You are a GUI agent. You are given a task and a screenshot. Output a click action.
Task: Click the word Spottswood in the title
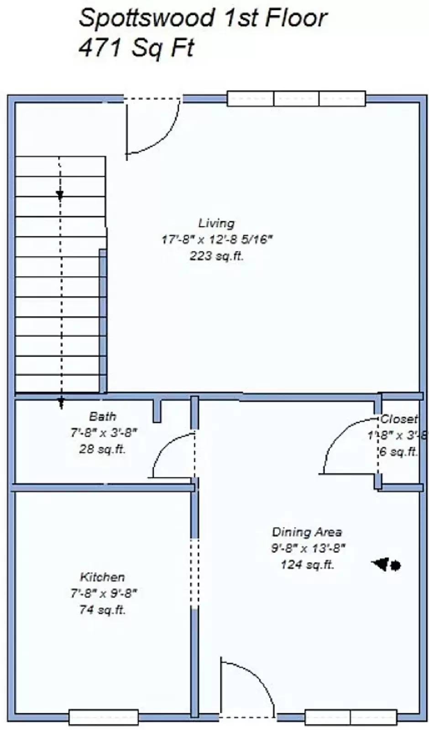tap(146, 18)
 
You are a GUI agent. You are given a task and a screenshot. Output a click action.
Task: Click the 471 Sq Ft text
tap(136, 47)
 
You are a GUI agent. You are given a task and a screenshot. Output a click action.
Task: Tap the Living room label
tap(216, 223)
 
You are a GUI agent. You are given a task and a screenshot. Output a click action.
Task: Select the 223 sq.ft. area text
tap(216, 255)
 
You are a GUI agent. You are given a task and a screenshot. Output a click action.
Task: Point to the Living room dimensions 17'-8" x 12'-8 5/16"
tap(216, 240)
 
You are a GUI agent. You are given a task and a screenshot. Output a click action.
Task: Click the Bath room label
tap(103, 416)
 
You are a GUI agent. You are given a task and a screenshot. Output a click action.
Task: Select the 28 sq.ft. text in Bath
tap(103, 448)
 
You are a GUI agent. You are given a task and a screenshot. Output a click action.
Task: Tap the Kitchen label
tap(103, 577)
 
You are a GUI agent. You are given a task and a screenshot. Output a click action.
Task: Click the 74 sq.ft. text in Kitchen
tap(103, 610)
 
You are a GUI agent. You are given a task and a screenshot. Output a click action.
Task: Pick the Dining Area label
tap(307, 532)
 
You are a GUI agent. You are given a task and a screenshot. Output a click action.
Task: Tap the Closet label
tap(399, 418)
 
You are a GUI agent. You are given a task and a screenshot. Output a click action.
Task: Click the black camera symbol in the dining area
tap(387, 565)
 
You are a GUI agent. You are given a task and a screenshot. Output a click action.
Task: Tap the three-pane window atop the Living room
tap(296, 99)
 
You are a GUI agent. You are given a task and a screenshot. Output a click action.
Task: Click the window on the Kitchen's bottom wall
tap(104, 716)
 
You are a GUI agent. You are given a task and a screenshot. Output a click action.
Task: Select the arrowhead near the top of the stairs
tap(60, 195)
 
